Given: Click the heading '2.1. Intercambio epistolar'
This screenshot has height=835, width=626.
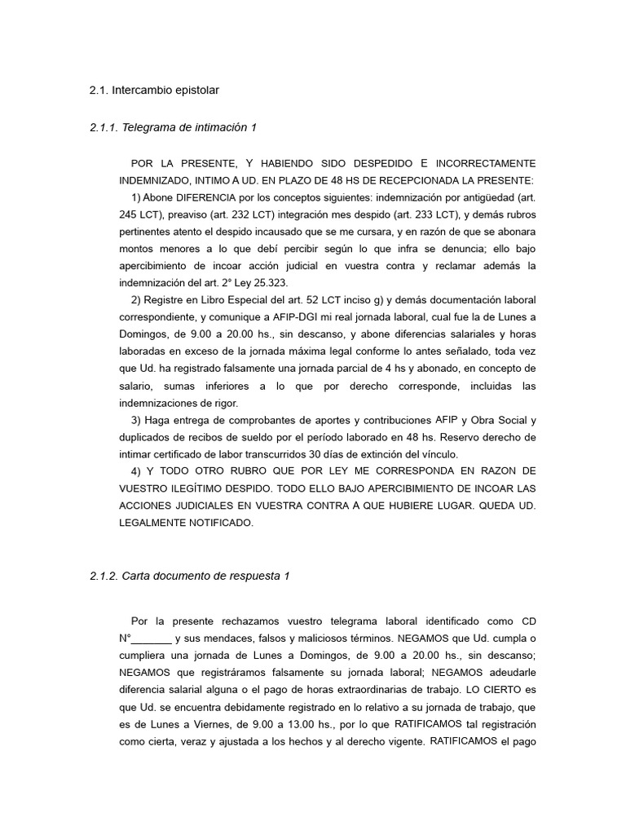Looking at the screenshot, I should coord(154,90).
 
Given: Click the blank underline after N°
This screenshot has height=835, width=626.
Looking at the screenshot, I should coord(152,638).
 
